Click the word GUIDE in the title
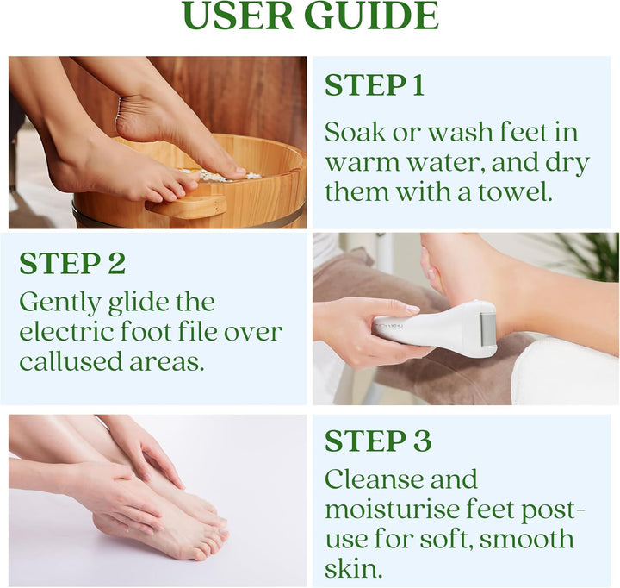pos(372,15)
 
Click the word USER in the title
pos(239,15)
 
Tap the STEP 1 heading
pos(374,84)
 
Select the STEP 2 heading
pos(72,263)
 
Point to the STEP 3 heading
pos(378,441)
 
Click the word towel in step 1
pos(515,192)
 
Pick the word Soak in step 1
pos(355,132)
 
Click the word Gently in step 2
pos(60,303)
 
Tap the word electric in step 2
pos(66,332)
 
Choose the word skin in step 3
pos(354,568)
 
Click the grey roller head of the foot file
pos(487,330)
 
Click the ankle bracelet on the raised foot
pos(118,111)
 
